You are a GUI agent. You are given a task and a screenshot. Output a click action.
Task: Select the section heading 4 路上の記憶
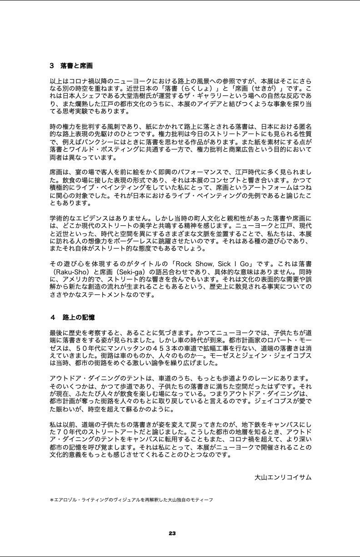(73, 317)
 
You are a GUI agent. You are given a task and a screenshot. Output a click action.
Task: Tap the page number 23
(172, 533)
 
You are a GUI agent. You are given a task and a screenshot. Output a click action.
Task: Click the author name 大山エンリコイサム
(283, 477)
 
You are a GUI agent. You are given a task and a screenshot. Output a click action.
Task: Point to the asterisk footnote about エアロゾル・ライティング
(131, 500)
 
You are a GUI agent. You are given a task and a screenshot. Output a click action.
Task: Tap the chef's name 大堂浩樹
(159, 96)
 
